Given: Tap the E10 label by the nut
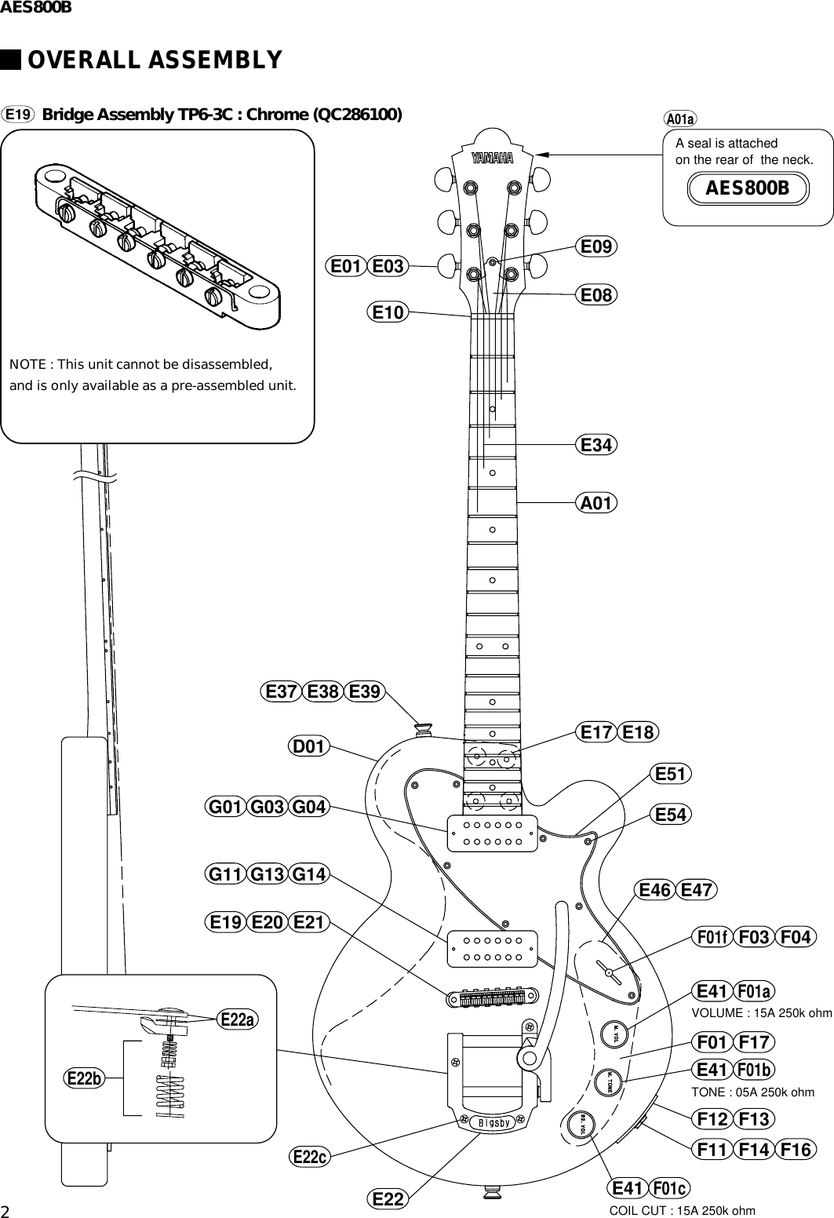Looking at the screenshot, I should pyautogui.click(x=387, y=312).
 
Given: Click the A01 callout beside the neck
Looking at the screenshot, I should pyautogui.click(x=596, y=502).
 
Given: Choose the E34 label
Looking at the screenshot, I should pyautogui.click(x=596, y=445).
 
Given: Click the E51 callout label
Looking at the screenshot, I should pyautogui.click(x=671, y=775).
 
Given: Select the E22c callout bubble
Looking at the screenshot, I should pyautogui.click(x=310, y=1156).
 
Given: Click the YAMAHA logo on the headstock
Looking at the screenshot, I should pyautogui.click(x=492, y=159).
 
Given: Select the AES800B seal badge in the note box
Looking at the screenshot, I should pyautogui.click(x=747, y=188).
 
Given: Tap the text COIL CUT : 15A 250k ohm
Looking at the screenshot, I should pyautogui.click(x=683, y=1210).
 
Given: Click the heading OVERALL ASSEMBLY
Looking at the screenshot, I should pyautogui.click(x=155, y=60).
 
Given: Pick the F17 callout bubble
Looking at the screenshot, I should pyautogui.click(x=755, y=1043).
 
